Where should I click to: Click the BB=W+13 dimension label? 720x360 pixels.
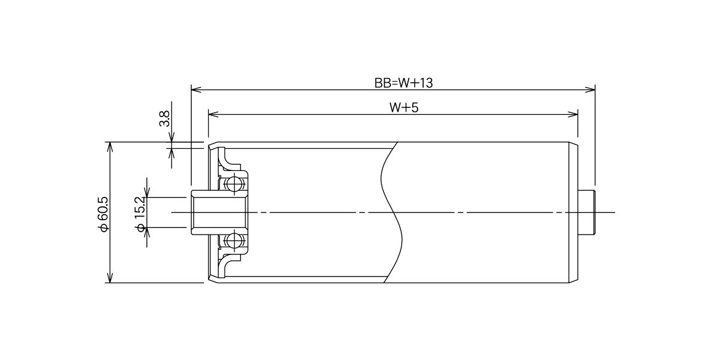coord(403,83)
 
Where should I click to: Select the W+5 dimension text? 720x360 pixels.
coord(404,107)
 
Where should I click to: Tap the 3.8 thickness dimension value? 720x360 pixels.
coord(164,119)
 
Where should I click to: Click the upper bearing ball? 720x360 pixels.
coord(235,184)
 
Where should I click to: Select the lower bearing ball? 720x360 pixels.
coord(235,240)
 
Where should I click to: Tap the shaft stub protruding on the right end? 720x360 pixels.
coord(587,212)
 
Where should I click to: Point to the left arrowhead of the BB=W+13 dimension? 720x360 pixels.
coord(196,89)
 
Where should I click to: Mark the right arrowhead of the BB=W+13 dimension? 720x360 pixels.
coord(590,89)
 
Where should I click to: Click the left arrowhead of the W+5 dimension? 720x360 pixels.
coord(214,114)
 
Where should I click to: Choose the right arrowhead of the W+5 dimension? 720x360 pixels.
coord(573,114)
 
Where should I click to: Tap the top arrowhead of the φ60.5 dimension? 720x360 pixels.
coord(110,147)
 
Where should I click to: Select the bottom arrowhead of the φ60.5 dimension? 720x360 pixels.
coord(110,278)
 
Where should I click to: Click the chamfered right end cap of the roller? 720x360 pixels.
coord(574,212)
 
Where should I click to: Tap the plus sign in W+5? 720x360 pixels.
coord(407,108)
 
